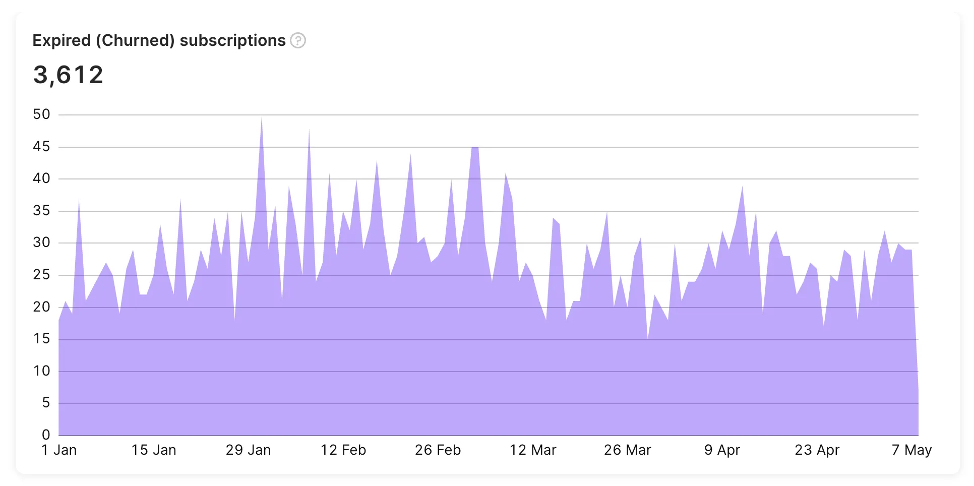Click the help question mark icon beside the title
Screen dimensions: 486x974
point(298,40)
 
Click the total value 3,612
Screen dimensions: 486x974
point(68,75)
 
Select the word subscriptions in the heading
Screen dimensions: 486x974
point(232,40)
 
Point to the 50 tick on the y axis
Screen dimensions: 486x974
point(41,114)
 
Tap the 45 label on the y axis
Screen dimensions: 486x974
point(41,147)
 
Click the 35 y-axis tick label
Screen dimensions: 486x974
point(41,211)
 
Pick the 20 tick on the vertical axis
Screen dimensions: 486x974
point(41,307)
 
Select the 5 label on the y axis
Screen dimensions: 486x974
point(46,403)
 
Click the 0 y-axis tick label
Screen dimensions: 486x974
point(46,435)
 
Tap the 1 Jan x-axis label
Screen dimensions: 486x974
point(59,450)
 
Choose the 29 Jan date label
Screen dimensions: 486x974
point(248,450)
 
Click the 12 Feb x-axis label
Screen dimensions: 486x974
point(343,450)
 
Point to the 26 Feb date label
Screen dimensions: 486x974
point(438,450)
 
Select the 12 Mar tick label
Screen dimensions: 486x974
point(532,450)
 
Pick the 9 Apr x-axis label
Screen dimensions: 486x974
point(722,450)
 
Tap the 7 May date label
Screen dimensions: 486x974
point(911,450)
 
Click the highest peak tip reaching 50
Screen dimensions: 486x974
point(262,117)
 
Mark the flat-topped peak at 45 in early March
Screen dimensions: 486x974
point(475,148)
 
